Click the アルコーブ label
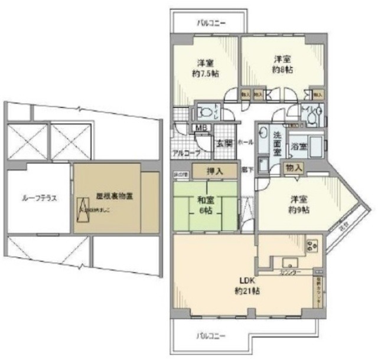point(185,153)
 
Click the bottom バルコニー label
point(211,336)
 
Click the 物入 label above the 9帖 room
point(294,168)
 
